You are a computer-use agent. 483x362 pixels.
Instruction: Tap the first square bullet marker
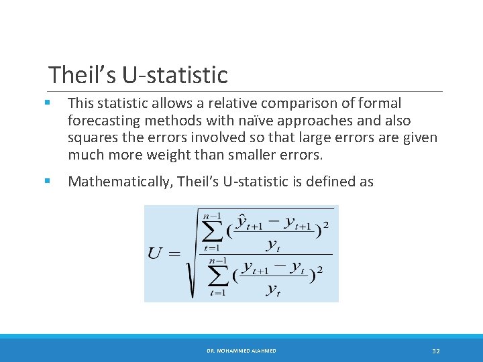click(47, 103)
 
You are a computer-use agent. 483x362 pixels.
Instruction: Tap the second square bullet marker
click(47, 181)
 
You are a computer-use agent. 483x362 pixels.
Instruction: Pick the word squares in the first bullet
click(92, 138)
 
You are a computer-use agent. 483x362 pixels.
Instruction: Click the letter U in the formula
click(155, 253)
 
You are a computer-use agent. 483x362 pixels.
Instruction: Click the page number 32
click(435, 351)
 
